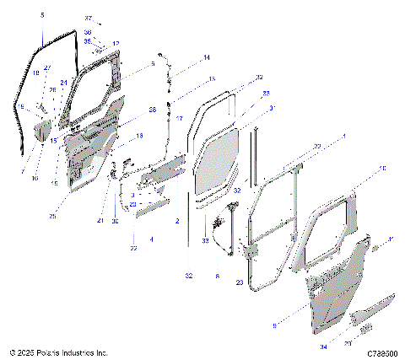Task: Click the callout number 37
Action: tap(88, 18)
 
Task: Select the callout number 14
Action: tap(205, 58)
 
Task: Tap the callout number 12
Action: tap(116, 43)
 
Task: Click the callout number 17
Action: tap(179, 119)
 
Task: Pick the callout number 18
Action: tap(140, 135)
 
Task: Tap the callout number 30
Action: tap(116, 222)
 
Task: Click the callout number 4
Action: tap(151, 239)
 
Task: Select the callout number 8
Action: tap(217, 276)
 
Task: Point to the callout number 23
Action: tap(239, 282)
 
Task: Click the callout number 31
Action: tap(272, 108)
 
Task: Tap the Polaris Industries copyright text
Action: tap(58, 352)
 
